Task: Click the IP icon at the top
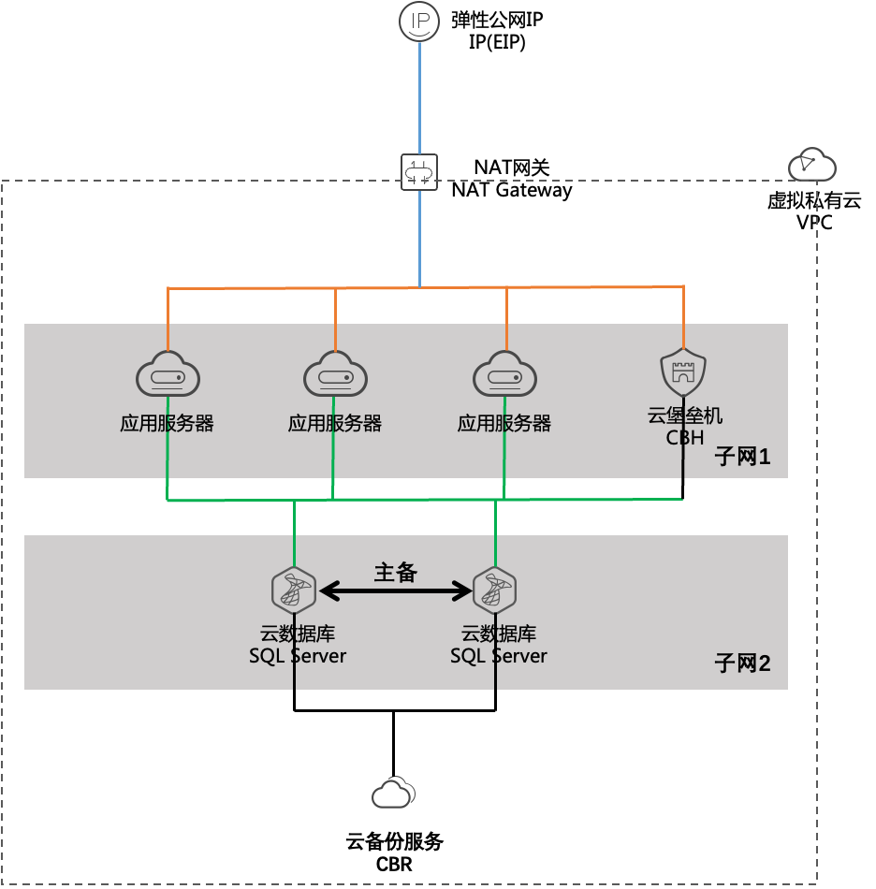coord(418,22)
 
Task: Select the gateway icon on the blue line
coord(418,172)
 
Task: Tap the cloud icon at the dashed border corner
coord(811,165)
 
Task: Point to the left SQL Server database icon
coord(294,590)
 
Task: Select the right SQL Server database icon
coord(495,590)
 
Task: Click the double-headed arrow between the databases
coord(395,590)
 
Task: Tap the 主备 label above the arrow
coord(395,572)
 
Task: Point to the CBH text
coord(685,437)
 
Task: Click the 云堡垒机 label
coord(685,415)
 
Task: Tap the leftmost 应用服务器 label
coord(168,423)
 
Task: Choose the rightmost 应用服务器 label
coord(504,423)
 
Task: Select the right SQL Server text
coord(499,655)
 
